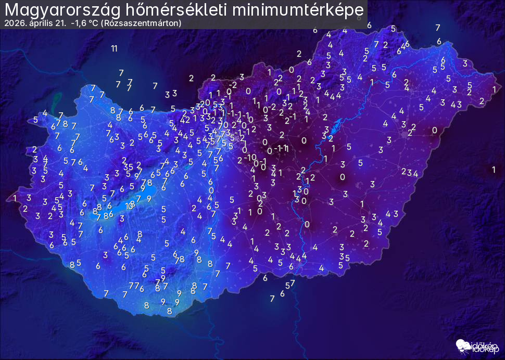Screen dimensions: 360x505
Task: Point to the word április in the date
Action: tap(40, 23)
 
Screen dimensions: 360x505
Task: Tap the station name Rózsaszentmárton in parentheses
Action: tap(141, 23)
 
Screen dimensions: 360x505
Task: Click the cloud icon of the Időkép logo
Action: tap(462, 345)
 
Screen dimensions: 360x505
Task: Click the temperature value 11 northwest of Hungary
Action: tap(114, 49)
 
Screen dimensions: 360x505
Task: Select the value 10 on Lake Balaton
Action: tap(130, 205)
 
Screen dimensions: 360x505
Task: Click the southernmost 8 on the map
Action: tap(169, 311)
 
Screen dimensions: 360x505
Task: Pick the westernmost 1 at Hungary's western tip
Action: tap(15, 198)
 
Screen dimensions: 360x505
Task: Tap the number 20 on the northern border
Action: tap(205, 103)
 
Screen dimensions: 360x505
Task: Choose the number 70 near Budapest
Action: tap(223, 125)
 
